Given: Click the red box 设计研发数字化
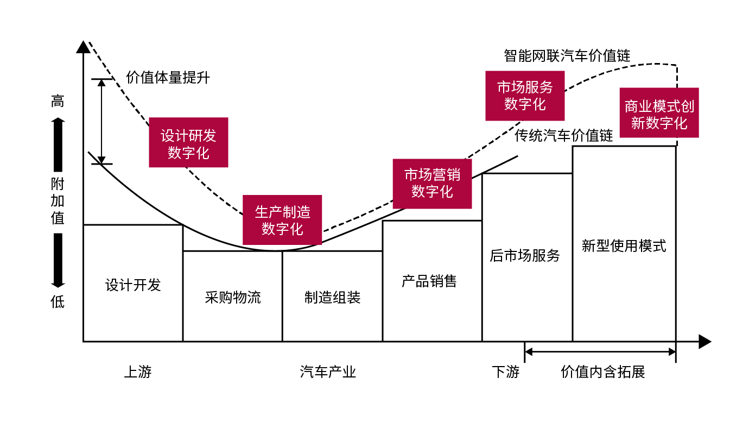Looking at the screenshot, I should coord(188,142).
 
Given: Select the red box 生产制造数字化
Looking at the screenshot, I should coord(282,220).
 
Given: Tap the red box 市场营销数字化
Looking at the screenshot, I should coord(432,184).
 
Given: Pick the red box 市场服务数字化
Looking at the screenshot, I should coord(525,96).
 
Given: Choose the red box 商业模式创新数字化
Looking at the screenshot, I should coord(659,113).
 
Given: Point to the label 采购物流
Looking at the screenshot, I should coord(233,298).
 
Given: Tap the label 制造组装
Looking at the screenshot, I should coord(332,298).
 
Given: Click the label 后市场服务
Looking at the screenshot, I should coord(524,256).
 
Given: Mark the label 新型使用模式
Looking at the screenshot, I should coord(624,246).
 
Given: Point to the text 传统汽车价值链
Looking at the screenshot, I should coord(564,135).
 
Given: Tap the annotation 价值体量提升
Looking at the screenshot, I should coord(168,78).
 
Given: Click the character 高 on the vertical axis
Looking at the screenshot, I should coord(58,102).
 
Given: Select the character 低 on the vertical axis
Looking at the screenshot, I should coord(58,302).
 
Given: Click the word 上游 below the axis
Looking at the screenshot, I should coord(138,372).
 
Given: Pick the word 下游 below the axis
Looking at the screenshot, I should coord(506,372).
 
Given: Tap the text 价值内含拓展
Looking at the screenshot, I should coord(602,372).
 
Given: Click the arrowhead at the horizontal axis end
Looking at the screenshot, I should coord(704,342).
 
